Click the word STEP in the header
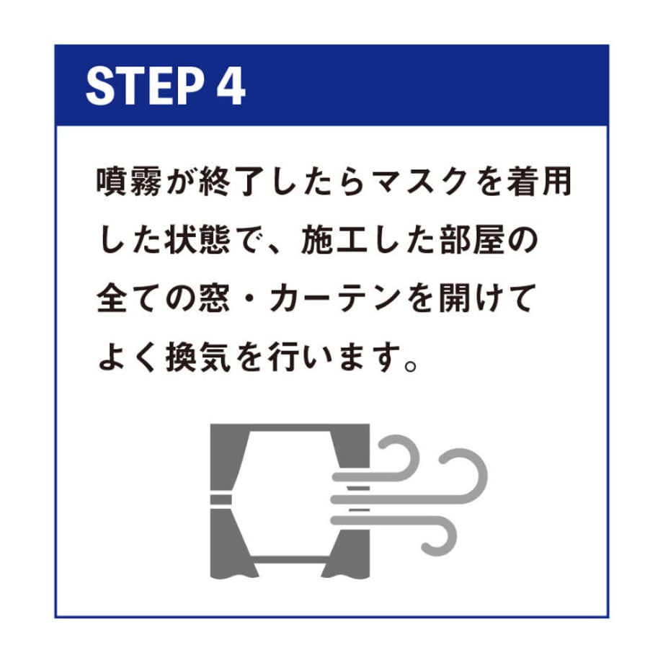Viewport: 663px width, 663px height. point(144,86)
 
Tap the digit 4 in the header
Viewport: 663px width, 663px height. point(231,86)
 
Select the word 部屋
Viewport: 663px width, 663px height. point(473,241)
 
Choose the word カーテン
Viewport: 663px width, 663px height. point(335,299)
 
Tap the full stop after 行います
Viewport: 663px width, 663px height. point(411,365)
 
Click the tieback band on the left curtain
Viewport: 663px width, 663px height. point(221,499)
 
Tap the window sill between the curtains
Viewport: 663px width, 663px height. point(290,559)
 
